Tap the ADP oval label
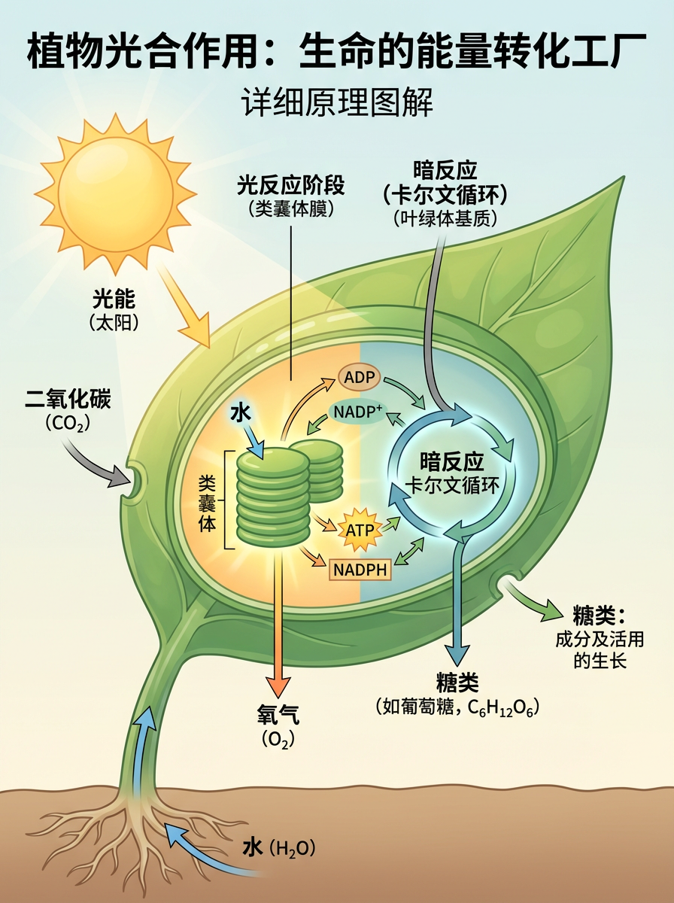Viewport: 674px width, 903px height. click(x=360, y=376)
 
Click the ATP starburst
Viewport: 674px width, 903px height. click(x=358, y=530)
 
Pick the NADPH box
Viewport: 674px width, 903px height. click(x=360, y=570)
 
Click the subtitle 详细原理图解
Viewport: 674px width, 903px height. click(x=337, y=102)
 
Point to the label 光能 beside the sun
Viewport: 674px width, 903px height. click(x=114, y=299)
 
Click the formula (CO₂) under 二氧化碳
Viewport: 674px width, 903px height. click(x=68, y=424)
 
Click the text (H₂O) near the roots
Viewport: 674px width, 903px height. click(x=290, y=849)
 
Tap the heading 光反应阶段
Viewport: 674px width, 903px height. click(x=291, y=184)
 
